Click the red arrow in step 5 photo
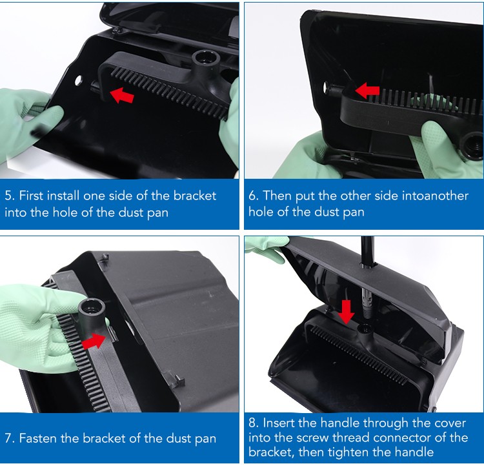point(122,95)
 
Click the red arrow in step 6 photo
point(367,90)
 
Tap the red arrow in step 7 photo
point(94,341)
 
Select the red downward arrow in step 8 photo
point(346,312)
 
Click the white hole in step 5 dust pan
point(78,81)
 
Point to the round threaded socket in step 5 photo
point(206,59)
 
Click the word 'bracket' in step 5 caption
point(195,196)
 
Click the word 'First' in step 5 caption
point(31,196)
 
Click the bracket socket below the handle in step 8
point(366,329)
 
